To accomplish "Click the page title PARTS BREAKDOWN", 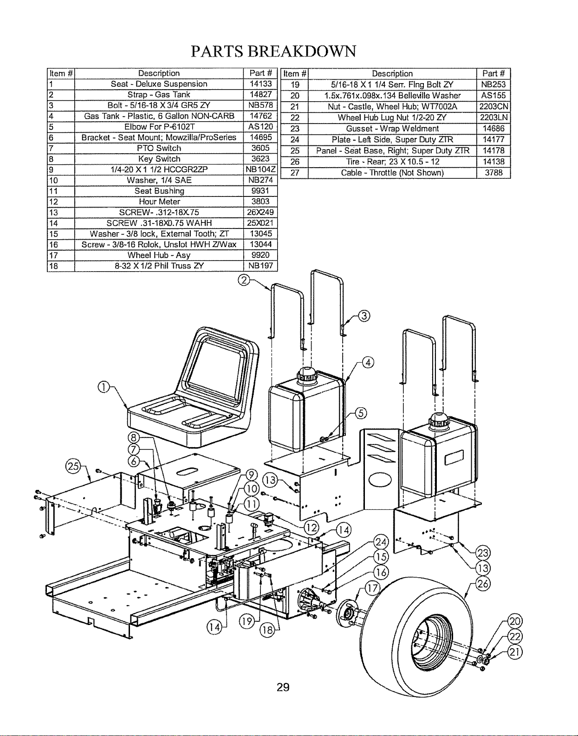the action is pyautogui.click(x=273, y=52).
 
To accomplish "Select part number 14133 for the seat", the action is pyautogui.click(x=260, y=84).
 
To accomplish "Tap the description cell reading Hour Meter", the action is pyautogui.click(x=159, y=202).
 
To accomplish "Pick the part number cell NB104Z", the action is pyautogui.click(x=260, y=169).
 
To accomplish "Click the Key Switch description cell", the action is pyautogui.click(x=159, y=159).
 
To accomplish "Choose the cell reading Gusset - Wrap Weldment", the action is pyautogui.click(x=392, y=129).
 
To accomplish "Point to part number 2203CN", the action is pyautogui.click(x=494, y=107).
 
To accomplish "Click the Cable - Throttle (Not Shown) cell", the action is pyautogui.click(x=392, y=173).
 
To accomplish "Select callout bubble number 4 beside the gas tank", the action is pyautogui.click(x=368, y=363).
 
